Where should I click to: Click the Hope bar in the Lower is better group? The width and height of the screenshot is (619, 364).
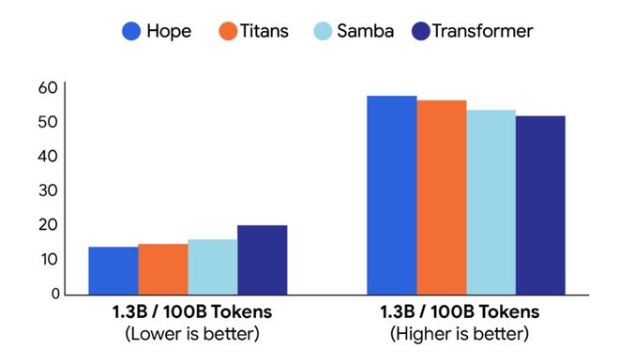113,271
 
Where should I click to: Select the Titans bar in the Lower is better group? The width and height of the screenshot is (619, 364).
163,269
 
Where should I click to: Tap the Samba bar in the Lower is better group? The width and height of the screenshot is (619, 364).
213,266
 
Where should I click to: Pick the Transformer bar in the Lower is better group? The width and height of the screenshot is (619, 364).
263,260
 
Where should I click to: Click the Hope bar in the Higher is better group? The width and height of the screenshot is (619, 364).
392,195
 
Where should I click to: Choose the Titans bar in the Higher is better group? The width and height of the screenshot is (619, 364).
442,197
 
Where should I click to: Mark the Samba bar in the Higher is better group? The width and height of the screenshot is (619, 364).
491,202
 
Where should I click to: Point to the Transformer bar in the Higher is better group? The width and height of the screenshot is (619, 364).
540,205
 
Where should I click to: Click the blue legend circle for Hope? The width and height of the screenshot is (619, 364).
131,31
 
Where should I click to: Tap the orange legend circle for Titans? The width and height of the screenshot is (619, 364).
228,31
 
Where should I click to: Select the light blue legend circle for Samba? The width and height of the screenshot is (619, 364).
323,31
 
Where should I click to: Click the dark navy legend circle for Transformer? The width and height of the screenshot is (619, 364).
421,31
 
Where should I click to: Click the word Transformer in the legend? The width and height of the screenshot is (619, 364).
482,31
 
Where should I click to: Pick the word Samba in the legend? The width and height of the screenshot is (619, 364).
365,31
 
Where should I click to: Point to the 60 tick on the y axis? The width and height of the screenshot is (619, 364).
48,87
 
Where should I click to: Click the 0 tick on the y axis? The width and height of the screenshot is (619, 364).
55,294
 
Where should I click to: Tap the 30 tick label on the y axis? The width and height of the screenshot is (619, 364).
48,190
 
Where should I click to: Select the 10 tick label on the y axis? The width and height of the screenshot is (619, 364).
49,259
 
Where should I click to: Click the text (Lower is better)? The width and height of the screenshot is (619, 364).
192,334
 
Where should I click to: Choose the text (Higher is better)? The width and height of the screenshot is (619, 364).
460,334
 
